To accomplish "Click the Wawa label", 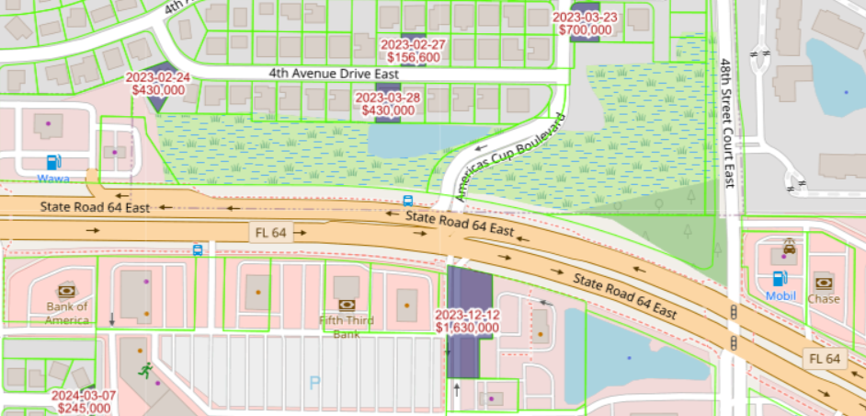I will [x=54, y=177].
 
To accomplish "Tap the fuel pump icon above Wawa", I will [x=54, y=161].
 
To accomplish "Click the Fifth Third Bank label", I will [x=347, y=326].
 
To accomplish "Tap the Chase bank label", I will [x=824, y=299].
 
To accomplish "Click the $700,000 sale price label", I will [x=585, y=29].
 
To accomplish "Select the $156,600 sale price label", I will [x=413, y=57].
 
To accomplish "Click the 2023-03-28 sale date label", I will [x=387, y=98].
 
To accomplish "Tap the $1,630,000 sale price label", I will [x=467, y=327].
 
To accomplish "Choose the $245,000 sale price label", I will [x=84, y=408].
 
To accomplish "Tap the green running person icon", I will [x=145, y=370].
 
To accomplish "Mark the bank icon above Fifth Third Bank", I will [x=347, y=304].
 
